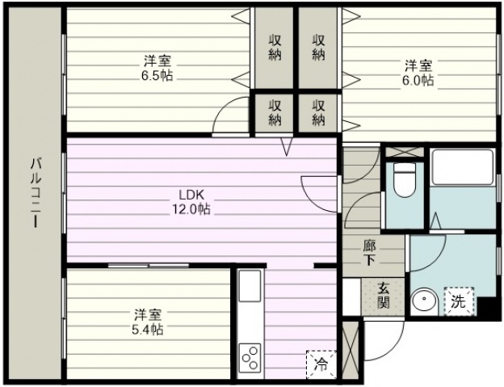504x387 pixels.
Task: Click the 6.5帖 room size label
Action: (x=157, y=76)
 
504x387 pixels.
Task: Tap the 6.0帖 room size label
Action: (x=418, y=80)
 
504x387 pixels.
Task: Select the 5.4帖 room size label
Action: (x=148, y=330)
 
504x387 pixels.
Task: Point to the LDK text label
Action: (x=191, y=195)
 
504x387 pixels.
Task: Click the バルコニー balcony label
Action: (x=36, y=192)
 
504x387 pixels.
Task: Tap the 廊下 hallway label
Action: (x=369, y=253)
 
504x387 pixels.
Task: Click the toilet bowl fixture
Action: (x=405, y=180)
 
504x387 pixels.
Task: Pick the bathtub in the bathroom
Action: (x=462, y=167)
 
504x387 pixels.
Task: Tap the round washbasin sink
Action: (x=424, y=300)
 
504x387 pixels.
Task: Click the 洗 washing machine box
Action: (x=459, y=301)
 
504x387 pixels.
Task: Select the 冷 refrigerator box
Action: (x=321, y=365)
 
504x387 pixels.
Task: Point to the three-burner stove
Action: (x=250, y=358)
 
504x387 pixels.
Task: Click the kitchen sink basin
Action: (x=250, y=286)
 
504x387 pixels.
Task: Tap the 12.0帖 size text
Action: (x=191, y=209)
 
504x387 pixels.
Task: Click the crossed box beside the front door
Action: (x=351, y=350)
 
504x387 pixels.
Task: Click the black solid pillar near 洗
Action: (x=488, y=307)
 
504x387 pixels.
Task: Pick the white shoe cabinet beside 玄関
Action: (x=351, y=297)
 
